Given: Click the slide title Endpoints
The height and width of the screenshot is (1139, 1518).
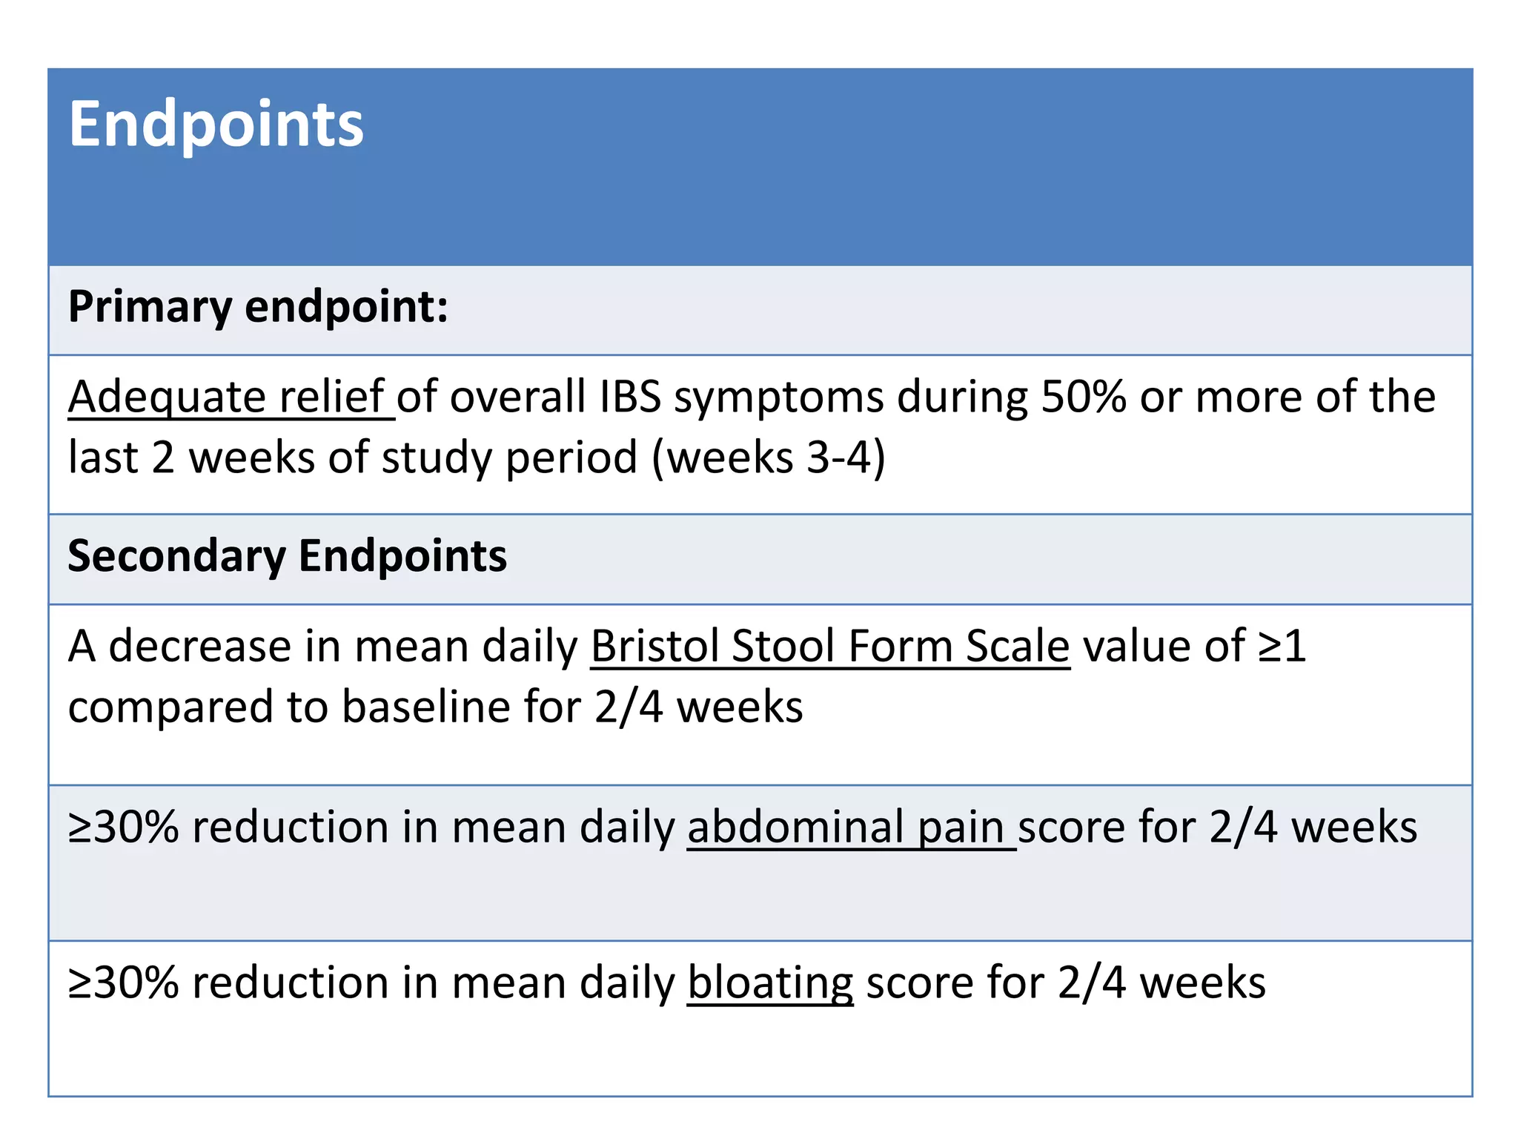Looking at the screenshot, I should point(216,125).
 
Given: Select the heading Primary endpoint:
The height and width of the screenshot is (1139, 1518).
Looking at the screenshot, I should point(258,307).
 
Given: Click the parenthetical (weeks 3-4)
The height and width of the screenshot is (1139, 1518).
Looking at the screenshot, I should point(768,458).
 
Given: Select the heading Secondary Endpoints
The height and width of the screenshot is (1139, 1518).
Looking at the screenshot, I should point(288,556).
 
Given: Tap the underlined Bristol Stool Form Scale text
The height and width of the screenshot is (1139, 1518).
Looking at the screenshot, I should point(830,647).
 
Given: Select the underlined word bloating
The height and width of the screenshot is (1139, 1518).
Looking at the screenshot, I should point(770,983).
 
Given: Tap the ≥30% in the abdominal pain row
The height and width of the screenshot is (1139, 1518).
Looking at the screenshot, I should point(123,828).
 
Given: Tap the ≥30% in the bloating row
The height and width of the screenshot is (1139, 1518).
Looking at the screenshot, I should point(123,983).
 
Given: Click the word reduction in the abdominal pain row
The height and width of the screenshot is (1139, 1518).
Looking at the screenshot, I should point(290,828).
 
